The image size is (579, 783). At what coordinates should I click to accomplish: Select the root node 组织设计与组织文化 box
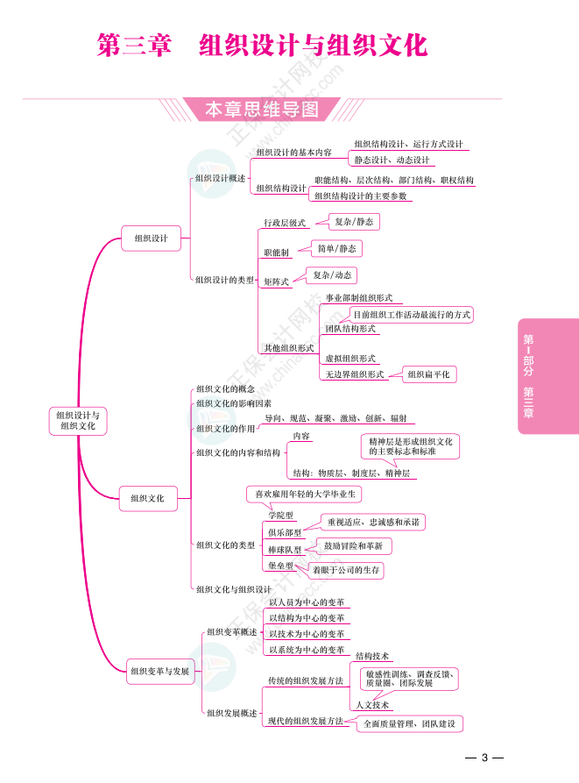click(78, 421)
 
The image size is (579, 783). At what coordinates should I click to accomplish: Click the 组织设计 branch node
click(151, 238)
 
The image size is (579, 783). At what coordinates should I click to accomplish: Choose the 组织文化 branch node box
click(147, 499)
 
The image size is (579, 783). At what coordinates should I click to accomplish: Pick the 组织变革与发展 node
click(159, 672)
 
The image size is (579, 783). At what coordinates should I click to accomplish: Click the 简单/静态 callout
click(336, 249)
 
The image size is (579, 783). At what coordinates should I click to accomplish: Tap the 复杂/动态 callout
click(333, 275)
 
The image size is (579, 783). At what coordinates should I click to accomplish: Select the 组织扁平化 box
click(429, 374)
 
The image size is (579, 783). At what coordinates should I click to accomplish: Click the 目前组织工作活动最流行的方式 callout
click(411, 314)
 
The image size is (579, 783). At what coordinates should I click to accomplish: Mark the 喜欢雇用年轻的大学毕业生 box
click(302, 495)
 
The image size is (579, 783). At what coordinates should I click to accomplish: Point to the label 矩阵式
click(276, 281)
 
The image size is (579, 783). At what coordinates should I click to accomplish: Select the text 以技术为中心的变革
click(307, 634)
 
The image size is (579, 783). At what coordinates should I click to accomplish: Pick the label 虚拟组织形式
click(350, 359)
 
